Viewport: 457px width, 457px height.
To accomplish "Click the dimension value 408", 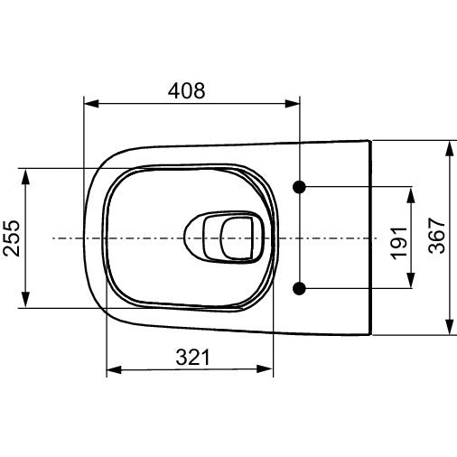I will tap(187, 90).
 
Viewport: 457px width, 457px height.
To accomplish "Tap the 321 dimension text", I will tap(191, 357).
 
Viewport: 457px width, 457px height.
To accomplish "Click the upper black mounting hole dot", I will tap(301, 187).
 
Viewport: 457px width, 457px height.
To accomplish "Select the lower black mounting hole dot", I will tap(301, 288).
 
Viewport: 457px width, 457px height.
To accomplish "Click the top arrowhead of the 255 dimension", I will tap(28, 175).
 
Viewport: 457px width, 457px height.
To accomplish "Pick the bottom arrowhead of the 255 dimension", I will tap(28, 302).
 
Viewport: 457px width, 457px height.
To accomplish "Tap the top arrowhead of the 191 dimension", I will tap(412, 193).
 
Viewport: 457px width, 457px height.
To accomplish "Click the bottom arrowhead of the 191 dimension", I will tap(412, 282).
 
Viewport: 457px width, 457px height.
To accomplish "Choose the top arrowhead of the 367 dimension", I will tap(449, 147).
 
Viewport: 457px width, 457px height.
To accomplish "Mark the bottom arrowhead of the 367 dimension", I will tap(449, 330).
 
